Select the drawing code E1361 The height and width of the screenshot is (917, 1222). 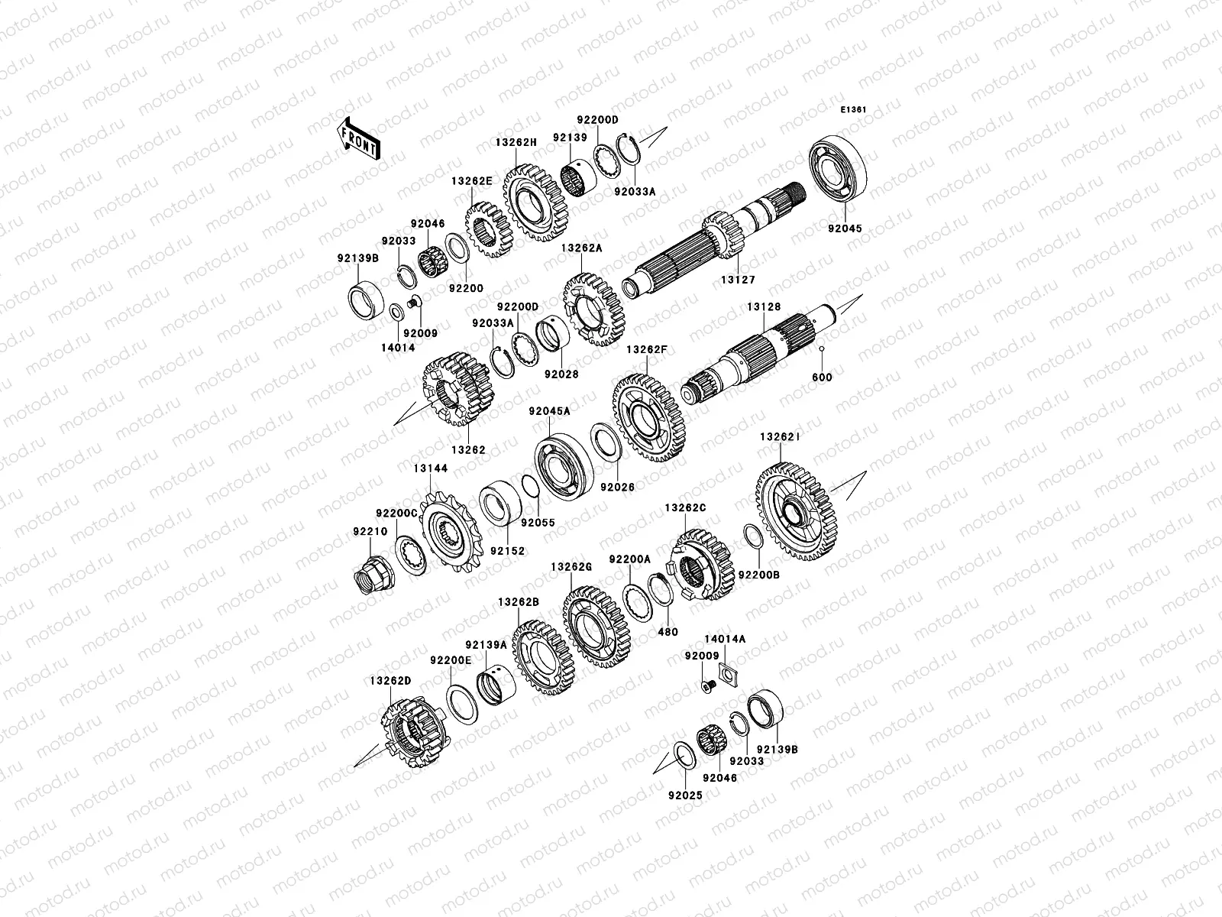click(853, 110)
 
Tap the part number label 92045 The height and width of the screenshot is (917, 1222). click(845, 228)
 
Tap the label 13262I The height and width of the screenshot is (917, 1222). click(779, 438)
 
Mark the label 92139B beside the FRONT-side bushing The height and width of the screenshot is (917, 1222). click(357, 258)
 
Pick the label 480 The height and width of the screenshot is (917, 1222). click(667, 632)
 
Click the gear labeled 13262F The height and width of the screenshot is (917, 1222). click(648, 416)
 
